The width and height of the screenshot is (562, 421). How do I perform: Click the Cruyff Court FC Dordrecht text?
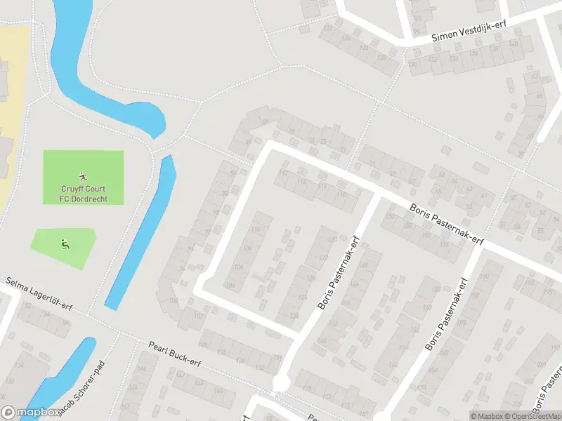[83, 192]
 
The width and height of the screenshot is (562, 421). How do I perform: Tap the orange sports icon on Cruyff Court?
[83, 175]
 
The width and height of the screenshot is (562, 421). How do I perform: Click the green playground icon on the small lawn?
[65, 244]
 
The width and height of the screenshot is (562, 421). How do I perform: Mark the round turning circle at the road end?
[281, 383]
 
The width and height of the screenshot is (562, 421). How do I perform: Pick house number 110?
[256, 230]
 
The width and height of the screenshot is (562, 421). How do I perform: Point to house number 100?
[174, 301]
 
